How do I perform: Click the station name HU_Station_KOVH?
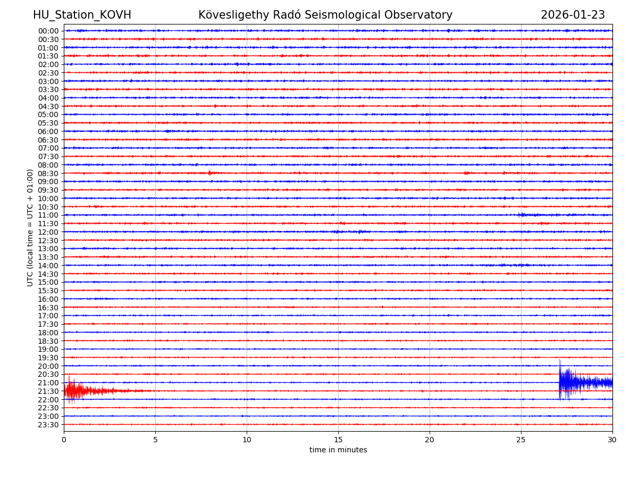[82, 15]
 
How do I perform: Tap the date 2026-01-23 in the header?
[573, 15]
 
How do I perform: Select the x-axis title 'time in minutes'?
[338, 450]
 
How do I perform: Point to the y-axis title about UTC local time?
[30, 228]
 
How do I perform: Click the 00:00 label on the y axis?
[48, 31]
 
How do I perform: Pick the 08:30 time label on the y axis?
[48, 174]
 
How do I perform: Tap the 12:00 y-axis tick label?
[48, 232]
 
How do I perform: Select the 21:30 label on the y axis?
[48, 391]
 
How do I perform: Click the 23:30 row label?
[48, 425]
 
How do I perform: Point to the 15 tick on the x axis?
[338, 440]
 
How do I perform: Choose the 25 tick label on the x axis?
[521, 440]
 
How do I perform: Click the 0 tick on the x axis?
[64, 440]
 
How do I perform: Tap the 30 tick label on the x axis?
[612, 440]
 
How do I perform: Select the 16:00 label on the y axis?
[48, 299]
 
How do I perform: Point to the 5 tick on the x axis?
[155, 440]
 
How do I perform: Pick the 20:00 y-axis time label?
[48, 366]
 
